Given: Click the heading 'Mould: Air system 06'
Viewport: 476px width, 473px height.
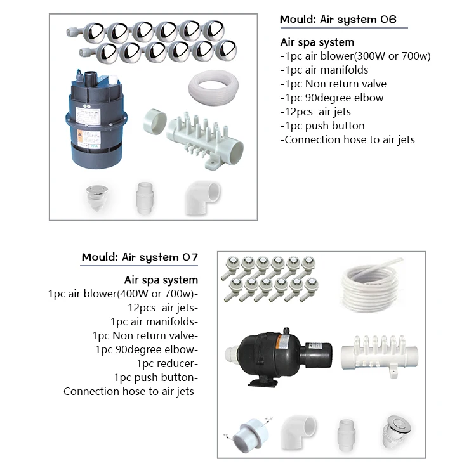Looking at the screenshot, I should tap(338, 20).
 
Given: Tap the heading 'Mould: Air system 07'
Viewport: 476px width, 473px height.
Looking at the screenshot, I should tap(140, 257).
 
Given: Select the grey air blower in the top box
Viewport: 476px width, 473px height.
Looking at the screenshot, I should tap(95, 120).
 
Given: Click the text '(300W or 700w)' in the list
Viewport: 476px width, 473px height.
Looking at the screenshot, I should tap(392, 56).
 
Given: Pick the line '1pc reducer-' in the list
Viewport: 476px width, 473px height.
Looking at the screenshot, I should tap(167, 363).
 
